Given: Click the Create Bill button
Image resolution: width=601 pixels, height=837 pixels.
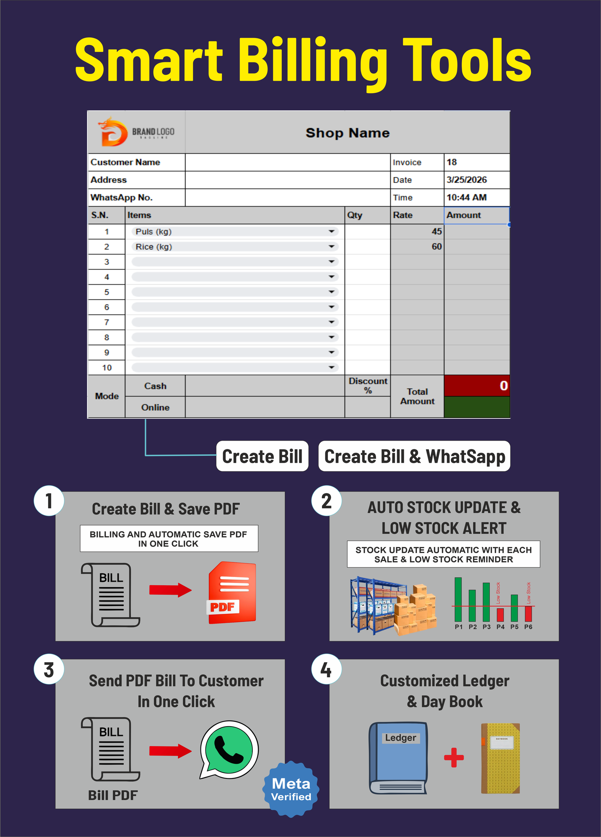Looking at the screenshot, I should click(x=262, y=456).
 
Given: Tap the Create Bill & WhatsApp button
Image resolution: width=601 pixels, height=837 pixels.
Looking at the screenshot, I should click(x=414, y=456).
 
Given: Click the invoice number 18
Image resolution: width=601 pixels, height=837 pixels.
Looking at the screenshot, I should click(x=452, y=162).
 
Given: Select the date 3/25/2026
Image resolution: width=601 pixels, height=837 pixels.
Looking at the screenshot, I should click(x=467, y=180).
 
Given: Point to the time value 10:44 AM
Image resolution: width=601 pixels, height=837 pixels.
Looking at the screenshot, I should click(x=467, y=198).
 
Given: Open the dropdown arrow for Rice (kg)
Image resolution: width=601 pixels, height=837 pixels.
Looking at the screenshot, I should click(x=331, y=247).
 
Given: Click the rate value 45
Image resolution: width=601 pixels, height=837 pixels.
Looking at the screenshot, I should click(x=436, y=231).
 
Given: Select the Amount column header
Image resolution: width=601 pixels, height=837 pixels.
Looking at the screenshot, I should click(x=464, y=215).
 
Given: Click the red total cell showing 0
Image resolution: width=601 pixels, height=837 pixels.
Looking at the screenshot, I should click(x=477, y=385).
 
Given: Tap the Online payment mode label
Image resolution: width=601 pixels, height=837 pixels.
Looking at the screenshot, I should click(x=155, y=407).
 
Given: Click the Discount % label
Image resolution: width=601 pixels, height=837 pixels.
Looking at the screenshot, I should click(x=368, y=386).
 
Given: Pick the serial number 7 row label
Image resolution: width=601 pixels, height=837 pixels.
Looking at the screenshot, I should click(x=107, y=322).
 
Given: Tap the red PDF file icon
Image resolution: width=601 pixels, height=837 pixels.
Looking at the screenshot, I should click(x=232, y=592).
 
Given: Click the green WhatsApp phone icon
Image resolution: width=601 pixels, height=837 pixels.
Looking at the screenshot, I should click(x=229, y=749).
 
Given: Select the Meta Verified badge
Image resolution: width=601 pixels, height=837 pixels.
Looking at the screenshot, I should click(x=291, y=789).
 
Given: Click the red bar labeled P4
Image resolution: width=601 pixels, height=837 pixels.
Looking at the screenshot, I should click(x=500, y=615).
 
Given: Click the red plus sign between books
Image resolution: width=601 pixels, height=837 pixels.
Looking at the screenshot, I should click(x=454, y=757).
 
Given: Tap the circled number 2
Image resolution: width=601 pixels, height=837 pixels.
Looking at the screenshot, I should click(x=326, y=501).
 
